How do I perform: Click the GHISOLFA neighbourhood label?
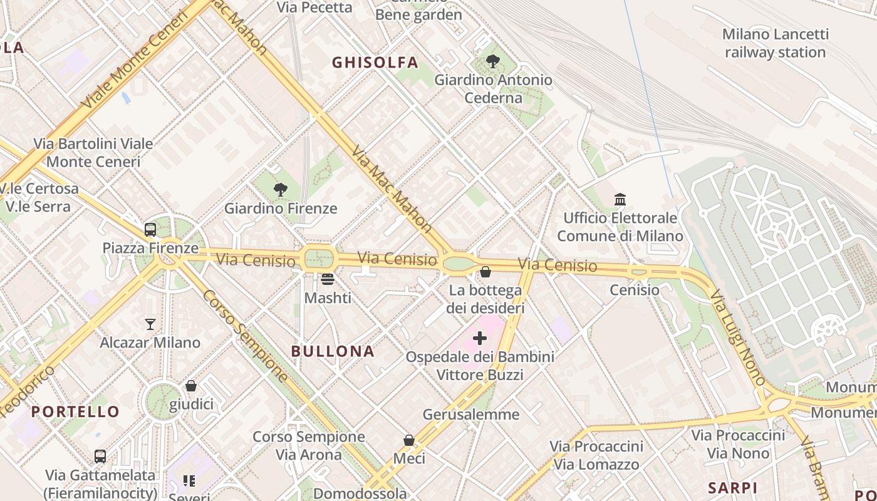pyautogui.click(x=375, y=63)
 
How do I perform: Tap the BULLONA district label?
pyautogui.click(x=333, y=351)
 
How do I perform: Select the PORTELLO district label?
pyautogui.click(x=75, y=411)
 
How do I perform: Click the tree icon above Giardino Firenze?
pyautogui.click(x=281, y=190)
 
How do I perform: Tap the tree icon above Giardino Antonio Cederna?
pyautogui.click(x=493, y=61)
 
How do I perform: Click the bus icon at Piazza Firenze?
pyautogui.click(x=150, y=230)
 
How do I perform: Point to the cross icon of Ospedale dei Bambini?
pyautogui.click(x=480, y=339)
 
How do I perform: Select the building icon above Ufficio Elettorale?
pyautogui.click(x=620, y=200)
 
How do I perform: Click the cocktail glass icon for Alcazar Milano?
pyautogui.click(x=150, y=324)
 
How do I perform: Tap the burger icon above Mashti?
pyautogui.click(x=328, y=279)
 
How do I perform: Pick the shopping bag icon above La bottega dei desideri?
pyautogui.click(x=485, y=272)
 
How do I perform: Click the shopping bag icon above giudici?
pyautogui.click(x=191, y=386)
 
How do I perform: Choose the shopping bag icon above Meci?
pyautogui.click(x=409, y=440)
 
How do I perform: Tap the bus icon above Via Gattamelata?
pyautogui.click(x=100, y=457)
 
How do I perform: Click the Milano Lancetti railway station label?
pyautogui.click(x=775, y=43)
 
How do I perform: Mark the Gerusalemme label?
pyautogui.click(x=471, y=415)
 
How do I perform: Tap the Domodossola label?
pyautogui.click(x=360, y=493)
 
